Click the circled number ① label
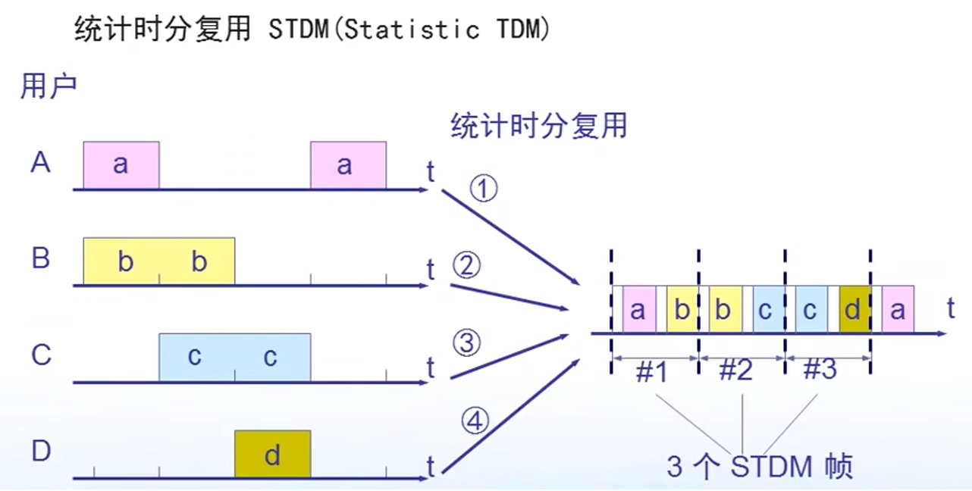pyautogui.click(x=483, y=189)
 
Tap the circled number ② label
pyautogui.click(x=467, y=266)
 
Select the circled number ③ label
pyautogui.click(x=467, y=343)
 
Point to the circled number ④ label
pyautogui.click(x=475, y=422)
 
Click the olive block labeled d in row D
pyautogui.click(x=272, y=455)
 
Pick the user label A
pyautogui.click(x=41, y=162)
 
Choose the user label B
pyautogui.click(x=41, y=258)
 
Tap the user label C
pyautogui.click(x=41, y=355)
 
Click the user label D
pyautogui.click(x=41, y=452)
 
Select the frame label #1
pyautogui.click(x=652, y=371)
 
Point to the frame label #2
pyautogui.click(x=735, y=371)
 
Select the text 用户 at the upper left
pyautogui.click(x=49, y=86)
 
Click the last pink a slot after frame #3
pyautogui.click(x=898, y=311)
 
